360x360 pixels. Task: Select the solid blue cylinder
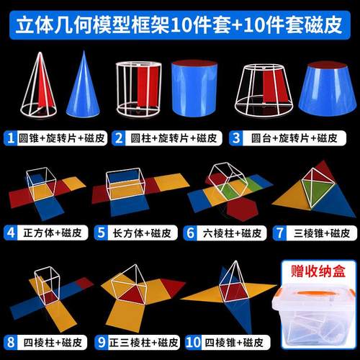(194, 90)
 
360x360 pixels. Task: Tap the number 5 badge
(101, 233)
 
